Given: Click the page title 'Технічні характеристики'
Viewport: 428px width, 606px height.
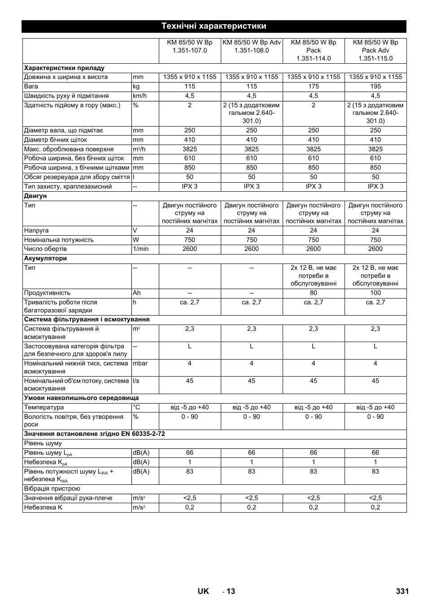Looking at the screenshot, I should pos(214,26).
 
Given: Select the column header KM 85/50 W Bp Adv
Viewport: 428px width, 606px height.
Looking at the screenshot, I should pos(252,46).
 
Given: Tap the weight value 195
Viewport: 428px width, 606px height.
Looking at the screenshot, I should pos(376,86).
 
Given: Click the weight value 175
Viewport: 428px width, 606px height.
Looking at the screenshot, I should pos(314,86).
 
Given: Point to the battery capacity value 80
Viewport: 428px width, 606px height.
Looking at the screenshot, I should pos(314,293).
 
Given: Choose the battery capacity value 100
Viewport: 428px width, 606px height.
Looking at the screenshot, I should pos(376,293).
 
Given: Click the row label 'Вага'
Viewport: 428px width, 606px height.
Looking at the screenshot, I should pos(31,86).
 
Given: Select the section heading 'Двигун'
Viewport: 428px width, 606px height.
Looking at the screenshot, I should pos(35,196).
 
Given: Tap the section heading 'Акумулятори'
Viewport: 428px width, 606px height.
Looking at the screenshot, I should pos(45,258).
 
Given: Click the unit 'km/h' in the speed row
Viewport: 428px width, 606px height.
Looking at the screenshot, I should pos(140,96).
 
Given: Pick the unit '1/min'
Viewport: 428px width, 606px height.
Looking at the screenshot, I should pos(140,249).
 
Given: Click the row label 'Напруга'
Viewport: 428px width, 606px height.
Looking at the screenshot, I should pos(36,230).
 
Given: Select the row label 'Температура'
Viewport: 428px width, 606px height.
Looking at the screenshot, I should pos(44,407).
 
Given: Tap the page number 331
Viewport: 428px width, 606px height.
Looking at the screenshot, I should pos(402,591).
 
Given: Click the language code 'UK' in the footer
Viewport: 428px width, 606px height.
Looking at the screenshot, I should pos(203,591).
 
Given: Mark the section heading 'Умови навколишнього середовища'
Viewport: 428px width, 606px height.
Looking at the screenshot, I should pos(81,398).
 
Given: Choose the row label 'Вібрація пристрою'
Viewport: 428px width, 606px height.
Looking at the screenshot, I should pos(52,488).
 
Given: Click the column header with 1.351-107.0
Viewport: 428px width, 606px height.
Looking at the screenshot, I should pos(190,46).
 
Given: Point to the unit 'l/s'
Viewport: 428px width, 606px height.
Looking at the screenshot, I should pos(136,381).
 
